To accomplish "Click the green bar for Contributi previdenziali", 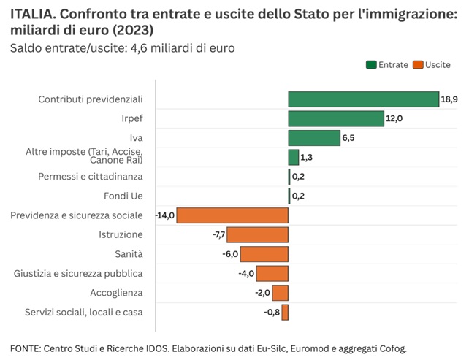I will pos(363,99).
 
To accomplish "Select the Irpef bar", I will pos(336,118).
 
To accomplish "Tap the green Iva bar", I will pos(314,137).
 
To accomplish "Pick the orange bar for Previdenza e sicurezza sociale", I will pos(232,215).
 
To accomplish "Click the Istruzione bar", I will pos(258,234).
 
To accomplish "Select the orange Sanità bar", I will pos(264,254).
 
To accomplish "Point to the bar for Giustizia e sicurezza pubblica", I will pos(272,273).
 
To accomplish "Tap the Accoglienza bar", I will pos(280,293).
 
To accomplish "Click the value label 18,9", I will pos(449,99).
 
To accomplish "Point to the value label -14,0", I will pos(165,215).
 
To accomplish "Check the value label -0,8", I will pos(272,313).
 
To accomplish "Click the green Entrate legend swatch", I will pos(371,65).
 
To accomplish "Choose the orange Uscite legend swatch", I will pos(417,65).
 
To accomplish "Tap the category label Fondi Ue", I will pos(123,196).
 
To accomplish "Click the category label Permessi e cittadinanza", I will pos(91,177).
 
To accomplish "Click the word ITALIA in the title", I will pos(29,14).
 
